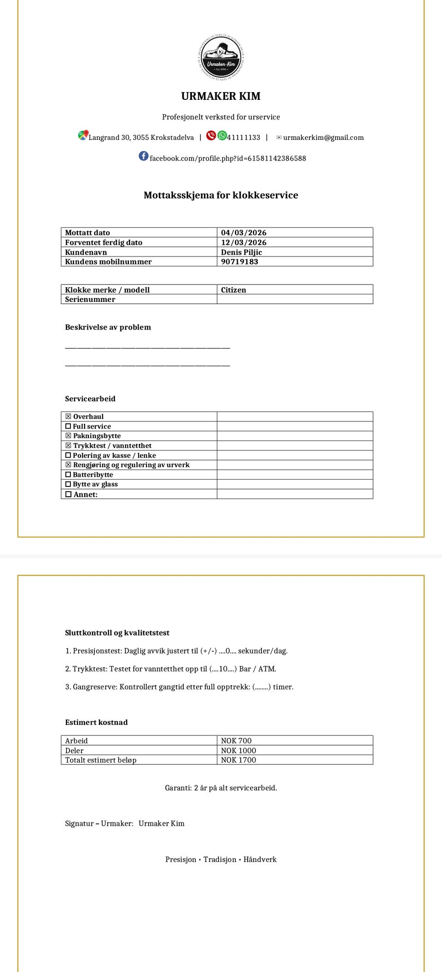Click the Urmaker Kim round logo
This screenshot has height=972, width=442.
coord(221,58)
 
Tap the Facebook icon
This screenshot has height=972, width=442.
coord(144,156)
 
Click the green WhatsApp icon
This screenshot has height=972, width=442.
coord(222,135)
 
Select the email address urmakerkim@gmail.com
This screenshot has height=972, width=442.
coord(323,138)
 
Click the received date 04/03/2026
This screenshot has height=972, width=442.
coord(244,233)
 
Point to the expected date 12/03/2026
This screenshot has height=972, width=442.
coord(244,243)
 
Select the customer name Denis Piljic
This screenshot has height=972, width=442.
coord(241,252)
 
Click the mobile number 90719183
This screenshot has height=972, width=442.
coord(239,262)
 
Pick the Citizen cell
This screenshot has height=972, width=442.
coord(233,290)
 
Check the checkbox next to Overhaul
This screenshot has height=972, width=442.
coord(68,417)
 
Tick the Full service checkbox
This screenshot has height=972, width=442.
coord(68,427)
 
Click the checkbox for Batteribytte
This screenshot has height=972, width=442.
coord(68,475)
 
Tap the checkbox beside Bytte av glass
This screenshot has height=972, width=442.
coord(68,485)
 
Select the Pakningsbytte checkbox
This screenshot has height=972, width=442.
coord(68,436)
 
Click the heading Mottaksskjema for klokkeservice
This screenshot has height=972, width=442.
coord(221,195)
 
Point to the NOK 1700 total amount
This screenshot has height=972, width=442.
coord(238,760)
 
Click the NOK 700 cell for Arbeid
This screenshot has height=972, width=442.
coord(236,741)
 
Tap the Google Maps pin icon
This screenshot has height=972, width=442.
coord(83,135)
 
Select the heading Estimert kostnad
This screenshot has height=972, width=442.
coord(96,722)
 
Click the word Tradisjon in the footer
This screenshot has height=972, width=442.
coord(220,859)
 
